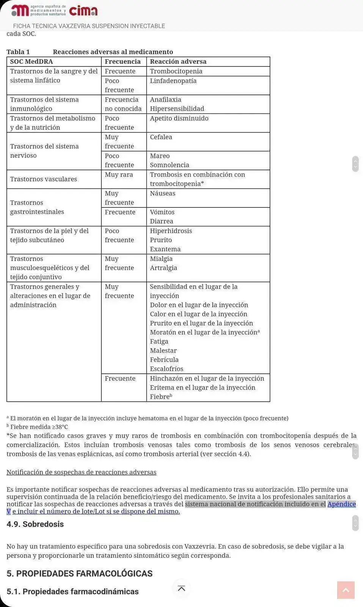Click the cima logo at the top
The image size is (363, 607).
(x=83, y=11)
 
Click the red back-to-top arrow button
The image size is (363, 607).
(x=346, y=590)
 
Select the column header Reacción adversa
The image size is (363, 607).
(x=178, y=61)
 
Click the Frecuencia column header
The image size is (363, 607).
(x=123, y=61)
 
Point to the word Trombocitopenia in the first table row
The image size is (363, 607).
(x=176, y=71)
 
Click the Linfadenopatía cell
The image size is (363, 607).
(x=173, y=81)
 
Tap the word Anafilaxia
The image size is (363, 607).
(x=165, y=99)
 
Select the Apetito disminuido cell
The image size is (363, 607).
(x=179, y=118)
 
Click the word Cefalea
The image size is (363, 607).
(x=161, y=137)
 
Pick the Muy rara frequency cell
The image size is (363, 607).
(x=119, y=175)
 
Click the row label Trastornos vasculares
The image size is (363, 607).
(x=43, y=179)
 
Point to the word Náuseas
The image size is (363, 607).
(x=162, y=193)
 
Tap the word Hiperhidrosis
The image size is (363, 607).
(x=171, y=231)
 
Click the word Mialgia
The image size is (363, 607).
(x=161, y=259)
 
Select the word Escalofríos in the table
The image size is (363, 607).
(x=167, y=369)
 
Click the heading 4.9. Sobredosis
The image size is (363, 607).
(x=35, y=524)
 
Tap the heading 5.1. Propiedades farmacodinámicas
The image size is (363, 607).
(x=72, y=591)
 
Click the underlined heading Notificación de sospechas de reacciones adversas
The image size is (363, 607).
(x=81, y=472)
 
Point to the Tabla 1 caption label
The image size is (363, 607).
(x=18, y=52)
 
